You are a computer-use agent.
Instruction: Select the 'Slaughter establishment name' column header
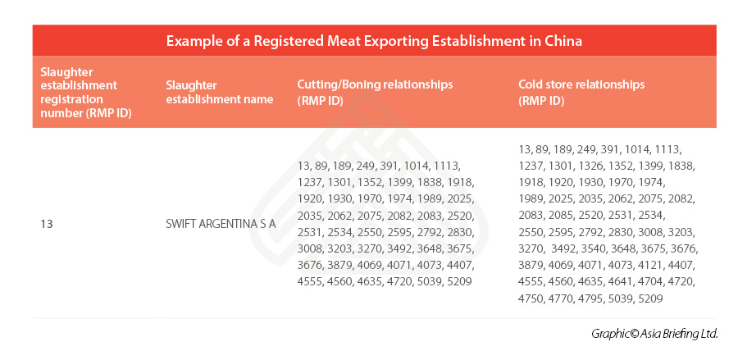click(x=219, y=93)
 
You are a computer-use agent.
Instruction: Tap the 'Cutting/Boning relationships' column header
click(x=375, y=84)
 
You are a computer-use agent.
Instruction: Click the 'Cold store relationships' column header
click(x=581, y=84)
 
